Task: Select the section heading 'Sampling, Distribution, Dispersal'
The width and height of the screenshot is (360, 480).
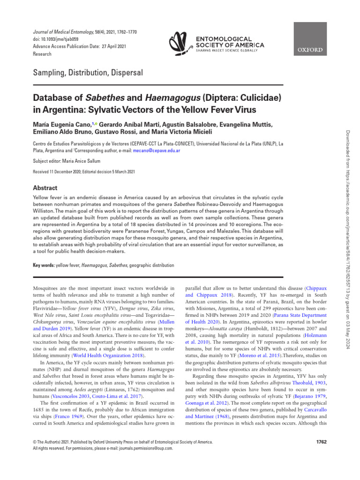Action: pyautogui.click(x=88, y=73)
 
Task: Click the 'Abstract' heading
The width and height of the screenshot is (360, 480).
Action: pyautogui.click(x=45, y=187)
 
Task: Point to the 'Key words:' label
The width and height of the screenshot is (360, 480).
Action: pyautogui.click(x=43, y=265)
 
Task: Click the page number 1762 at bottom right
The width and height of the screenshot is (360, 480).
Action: pyautogui.click(x=318, y=442)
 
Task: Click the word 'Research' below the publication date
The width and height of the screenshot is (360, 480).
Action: pyautogui.click(x=42, y=54)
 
